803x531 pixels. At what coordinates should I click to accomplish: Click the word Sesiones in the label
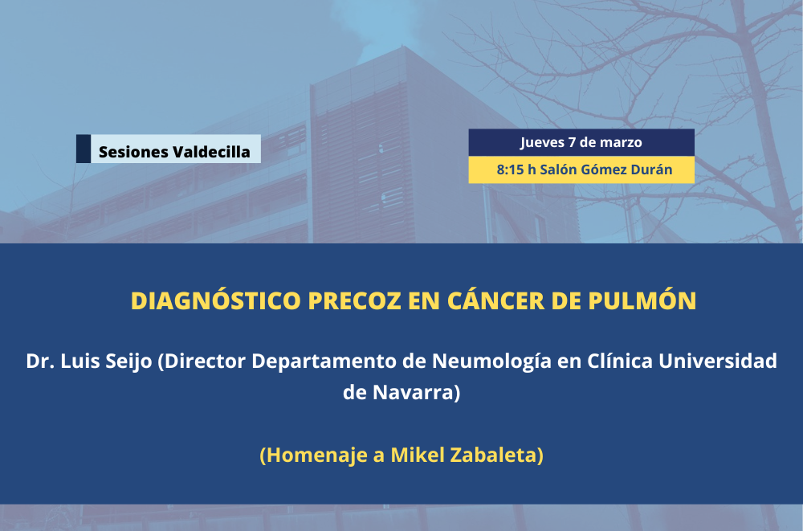pos(133,152)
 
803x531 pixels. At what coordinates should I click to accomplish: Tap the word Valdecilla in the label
pos(211,152)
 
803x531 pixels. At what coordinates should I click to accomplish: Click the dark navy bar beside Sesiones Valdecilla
pos(84,149)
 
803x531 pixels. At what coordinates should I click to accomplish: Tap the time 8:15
pos(510,170)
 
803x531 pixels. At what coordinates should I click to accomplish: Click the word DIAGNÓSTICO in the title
pos(215,301)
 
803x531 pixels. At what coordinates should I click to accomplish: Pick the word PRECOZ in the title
pos(354,301)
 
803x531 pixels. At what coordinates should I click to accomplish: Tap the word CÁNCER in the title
pos(495,301)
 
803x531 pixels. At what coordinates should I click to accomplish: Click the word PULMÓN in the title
pos(642,301)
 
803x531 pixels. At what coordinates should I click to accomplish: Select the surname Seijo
pos(128,361)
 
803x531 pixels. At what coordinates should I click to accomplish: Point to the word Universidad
pos(717,361)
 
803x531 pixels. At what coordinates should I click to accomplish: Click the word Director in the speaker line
pos(205,361)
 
